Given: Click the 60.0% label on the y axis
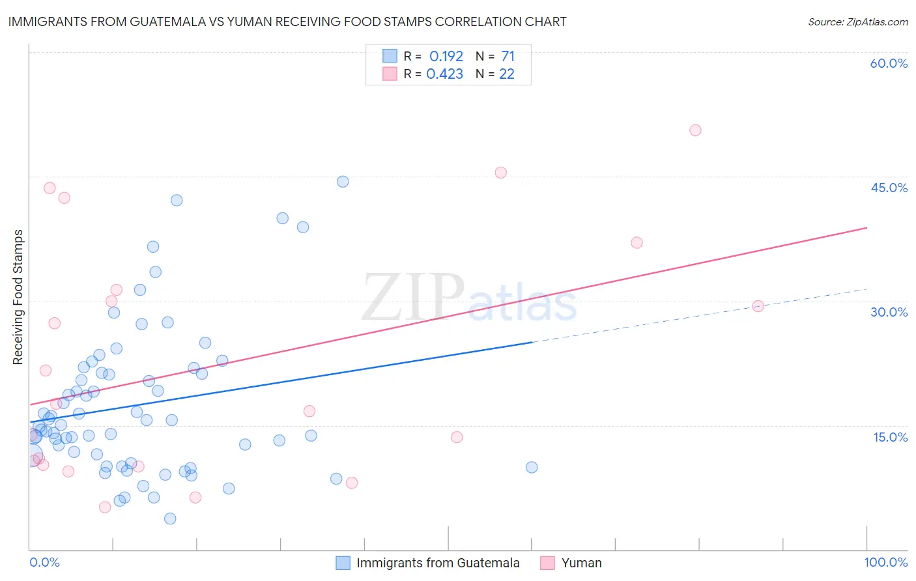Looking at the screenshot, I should (x=889, y=63).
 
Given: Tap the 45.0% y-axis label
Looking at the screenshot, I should (x=889, y=188).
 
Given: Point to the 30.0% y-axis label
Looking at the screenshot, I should (x=889, y=312).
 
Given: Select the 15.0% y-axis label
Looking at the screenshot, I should (x=890, y=437).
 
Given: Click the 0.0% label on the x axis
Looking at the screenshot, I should (x=44, y=562).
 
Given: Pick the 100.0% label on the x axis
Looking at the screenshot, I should (x=885, y=562).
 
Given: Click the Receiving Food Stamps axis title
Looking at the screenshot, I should (x=18, y=297).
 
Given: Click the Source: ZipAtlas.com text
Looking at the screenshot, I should (x=857, y=21).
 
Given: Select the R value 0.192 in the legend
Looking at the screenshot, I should (x=446, y=56).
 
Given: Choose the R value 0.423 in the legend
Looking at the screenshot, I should (x=444, y=74).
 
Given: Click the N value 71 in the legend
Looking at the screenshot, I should (x=508, y=56).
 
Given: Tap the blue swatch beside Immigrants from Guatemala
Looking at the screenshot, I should (x=343, y=563).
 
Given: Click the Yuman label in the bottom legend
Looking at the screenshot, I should (x=581, y=563).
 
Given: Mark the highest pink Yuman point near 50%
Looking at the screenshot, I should (x=695, y=130).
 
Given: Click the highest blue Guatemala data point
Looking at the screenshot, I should (x=343, y=182).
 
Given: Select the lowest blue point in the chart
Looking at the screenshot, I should (x=170, y=518).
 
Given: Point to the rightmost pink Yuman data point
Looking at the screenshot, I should (x=758, y=306).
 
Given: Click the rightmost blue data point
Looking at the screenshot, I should (x=532, y=467).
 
